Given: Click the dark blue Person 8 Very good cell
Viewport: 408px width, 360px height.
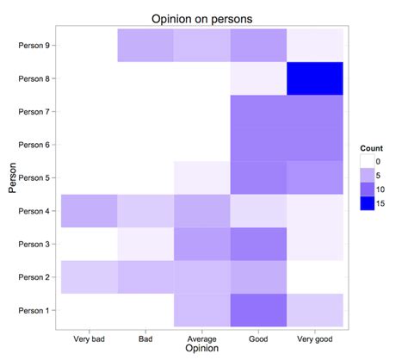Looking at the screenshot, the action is tap(315, 78).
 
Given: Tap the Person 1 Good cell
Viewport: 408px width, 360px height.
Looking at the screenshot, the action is tap(258, 310).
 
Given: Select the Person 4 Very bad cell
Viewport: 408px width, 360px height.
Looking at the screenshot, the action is tap(90, 211).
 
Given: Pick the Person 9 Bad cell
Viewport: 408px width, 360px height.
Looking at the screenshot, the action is tap(145, 45).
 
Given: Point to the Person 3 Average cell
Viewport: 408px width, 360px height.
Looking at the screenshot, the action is tap(202, 244).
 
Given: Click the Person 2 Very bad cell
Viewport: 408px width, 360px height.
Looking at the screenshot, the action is tap(90, 277).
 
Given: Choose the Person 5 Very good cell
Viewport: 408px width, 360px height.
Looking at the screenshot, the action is tap(315, 177).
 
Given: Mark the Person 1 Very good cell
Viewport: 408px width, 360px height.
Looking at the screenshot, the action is tap(315, 310).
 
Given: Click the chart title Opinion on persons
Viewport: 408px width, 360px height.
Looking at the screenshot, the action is tap(202, 19).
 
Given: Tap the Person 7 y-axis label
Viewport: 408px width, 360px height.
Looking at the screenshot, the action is tap(34, 112).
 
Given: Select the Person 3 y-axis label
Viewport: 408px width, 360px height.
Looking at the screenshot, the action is tap(34, 244).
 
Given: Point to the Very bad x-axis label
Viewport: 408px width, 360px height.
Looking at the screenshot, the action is tap(89, 339).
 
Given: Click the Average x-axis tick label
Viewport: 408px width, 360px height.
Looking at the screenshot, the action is tap(202, 339).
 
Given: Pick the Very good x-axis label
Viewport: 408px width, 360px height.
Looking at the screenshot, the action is tap(315, 339).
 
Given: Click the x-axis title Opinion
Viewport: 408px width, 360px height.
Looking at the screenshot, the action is tap(202, 348).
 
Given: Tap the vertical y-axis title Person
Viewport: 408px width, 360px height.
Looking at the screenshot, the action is tap(12, 177).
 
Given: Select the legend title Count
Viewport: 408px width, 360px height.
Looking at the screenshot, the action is tap(372, 148).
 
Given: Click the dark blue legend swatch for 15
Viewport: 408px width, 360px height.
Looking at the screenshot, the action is tap(368, 203).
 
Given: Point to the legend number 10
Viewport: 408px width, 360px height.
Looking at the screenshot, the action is tap(380, 189).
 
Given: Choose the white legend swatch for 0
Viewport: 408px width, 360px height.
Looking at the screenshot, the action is tap(368, 161).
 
